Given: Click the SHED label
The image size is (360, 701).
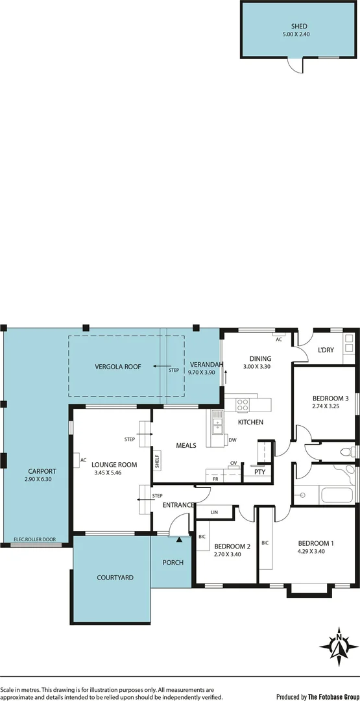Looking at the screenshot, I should click(299, 27).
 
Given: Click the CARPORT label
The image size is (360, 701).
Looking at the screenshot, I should click(42, 471).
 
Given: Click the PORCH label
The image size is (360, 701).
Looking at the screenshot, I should click(173, 562).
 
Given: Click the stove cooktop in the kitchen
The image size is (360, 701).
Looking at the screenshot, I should click(243, 405).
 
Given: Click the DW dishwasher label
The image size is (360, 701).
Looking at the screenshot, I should click(232, 440).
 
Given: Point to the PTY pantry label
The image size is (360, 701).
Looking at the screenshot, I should click(259, 472).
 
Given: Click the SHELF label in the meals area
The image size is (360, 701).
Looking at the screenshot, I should click(157, 461).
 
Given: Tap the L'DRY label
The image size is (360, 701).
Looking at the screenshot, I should click(326, 350).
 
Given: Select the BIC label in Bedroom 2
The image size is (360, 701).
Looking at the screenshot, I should click(202, 537).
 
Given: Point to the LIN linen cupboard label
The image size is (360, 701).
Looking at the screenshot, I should click(214, 512).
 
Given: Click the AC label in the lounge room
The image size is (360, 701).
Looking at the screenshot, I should click(83, 460).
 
